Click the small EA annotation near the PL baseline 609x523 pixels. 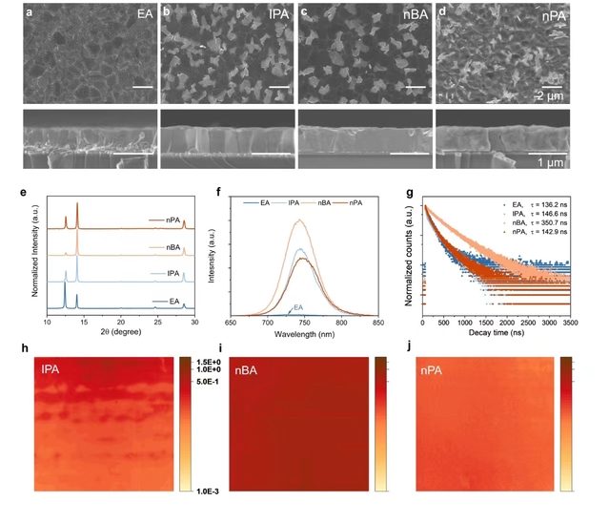tap(298, 307)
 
